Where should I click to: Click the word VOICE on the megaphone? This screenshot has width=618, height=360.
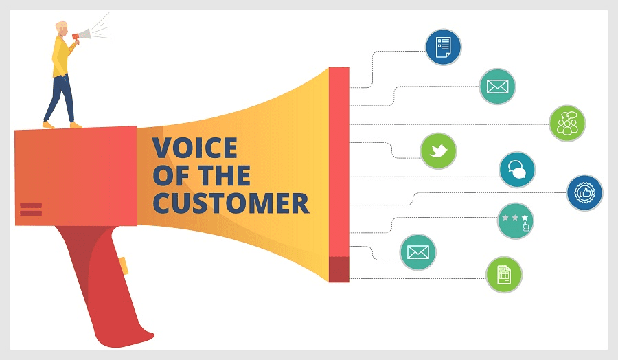click(x=194, y=148)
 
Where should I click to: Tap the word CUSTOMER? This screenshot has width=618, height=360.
click(x=230, y=203)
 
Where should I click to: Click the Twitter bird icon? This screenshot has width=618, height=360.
click(x=438, y=151)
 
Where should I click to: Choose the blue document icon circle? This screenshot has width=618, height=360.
click(x=443, y=47)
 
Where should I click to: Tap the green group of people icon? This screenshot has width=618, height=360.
click(x=567, y=124)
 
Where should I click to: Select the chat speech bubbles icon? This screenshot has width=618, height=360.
click(x=517, y=170)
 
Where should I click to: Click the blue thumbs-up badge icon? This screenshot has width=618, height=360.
click(x=584, y=193)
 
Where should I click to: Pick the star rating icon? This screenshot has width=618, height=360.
click(x=516, y=221)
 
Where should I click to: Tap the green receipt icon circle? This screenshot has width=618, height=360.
click(x=504, y=275)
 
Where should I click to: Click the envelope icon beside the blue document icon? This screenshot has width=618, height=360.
click(x=496, y=87)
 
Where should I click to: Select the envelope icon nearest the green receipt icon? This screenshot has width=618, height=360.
click(x=418, y=251)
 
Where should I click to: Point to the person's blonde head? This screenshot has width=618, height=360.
click(x=62, y=27)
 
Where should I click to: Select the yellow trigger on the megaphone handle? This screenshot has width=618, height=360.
click(x=124, y=265)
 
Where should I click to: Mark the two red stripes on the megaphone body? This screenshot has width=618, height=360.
click(x=31, y=209)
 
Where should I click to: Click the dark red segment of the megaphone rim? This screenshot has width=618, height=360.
click(x=339, y=269)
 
